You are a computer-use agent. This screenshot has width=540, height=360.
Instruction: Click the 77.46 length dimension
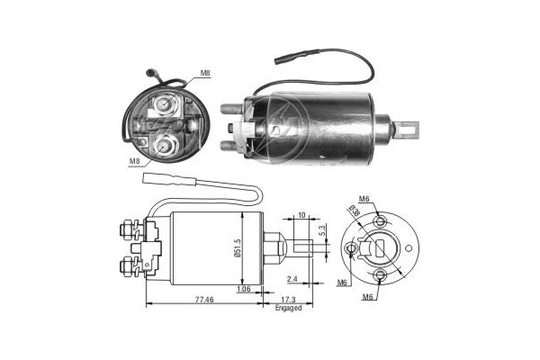tap(204, 300)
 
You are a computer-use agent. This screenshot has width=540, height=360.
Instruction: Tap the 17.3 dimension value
tap(289, 300)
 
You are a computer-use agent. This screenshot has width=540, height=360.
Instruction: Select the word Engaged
tap(288, 308)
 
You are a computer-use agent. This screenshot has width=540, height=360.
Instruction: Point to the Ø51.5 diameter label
tap(238, 248)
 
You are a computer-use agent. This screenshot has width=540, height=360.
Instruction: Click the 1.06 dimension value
tap(244, 289)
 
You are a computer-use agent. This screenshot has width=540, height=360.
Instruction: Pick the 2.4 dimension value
tap(292, 279)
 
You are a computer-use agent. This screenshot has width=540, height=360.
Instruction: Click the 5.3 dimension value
tap(322, 230)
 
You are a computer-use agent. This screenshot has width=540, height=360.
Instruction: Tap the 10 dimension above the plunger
tap(301, 215)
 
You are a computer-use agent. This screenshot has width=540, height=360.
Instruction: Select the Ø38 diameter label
tap(355, 211)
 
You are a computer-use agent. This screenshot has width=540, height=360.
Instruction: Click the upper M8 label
tap(205, 73)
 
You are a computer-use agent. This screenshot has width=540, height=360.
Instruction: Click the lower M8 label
tap(134, 160)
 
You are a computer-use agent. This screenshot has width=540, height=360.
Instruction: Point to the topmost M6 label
tap(364, 199)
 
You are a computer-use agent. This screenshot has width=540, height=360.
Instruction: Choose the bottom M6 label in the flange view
tap(367, 297)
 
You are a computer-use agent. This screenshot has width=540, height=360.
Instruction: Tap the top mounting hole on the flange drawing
tap(380, 220)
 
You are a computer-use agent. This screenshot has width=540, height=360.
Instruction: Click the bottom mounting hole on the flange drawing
tap(380, 274)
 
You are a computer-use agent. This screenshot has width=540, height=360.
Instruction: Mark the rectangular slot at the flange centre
tap(380, 248)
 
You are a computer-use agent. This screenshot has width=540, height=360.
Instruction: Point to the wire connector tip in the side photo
tap(282, 60)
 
